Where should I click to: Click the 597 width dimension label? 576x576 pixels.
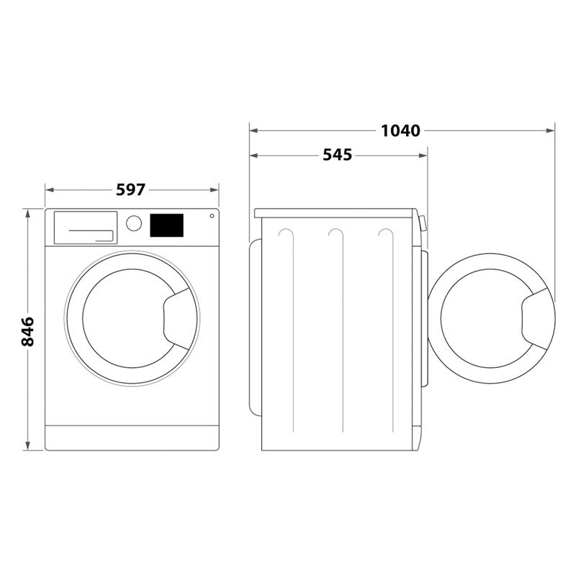(130, 189)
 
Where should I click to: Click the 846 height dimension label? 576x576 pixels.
(27, 330)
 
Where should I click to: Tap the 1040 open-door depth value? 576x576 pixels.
(400, 130)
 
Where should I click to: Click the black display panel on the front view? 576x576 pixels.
(166, 225)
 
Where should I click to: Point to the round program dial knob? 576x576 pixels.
(133, 222)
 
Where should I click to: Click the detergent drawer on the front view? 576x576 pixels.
(85, 227)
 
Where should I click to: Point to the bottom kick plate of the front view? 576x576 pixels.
(132, 437)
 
